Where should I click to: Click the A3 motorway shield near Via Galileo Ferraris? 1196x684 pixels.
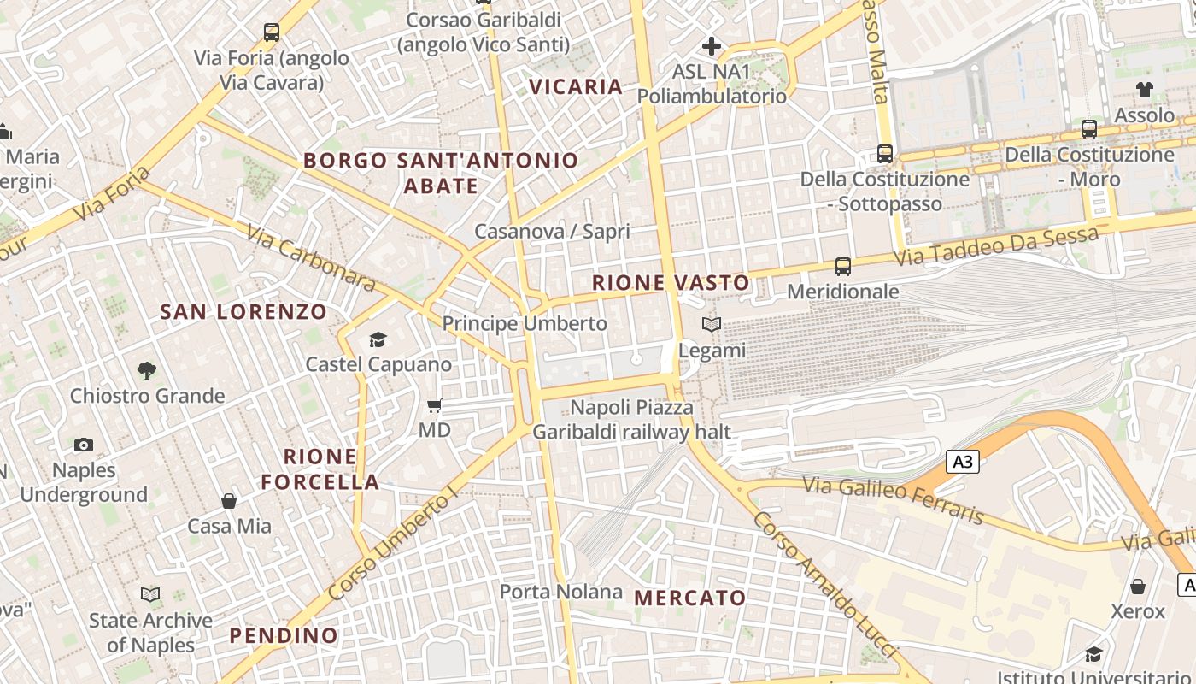point(963,462)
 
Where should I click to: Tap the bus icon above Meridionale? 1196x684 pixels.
point(843,267)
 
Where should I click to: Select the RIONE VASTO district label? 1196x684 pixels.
point(671,282)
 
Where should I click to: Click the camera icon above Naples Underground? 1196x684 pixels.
point(84,445)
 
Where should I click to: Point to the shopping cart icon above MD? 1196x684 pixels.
point(435,405)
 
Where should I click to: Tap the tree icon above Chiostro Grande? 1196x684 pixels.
point(147,371)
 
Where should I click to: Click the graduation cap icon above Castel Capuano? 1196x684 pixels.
point(378,339)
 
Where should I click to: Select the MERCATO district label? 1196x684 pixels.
point(690,598)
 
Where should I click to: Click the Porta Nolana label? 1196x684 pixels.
point(561,592)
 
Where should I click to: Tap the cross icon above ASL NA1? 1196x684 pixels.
point(712,46)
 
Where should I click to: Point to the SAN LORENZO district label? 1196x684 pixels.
point(243,312)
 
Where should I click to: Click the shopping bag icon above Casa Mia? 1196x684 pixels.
point(229,501)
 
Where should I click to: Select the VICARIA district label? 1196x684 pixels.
point(576,86)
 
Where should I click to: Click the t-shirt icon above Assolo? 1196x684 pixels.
point(1145,90)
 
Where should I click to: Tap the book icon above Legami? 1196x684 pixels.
point(712,325)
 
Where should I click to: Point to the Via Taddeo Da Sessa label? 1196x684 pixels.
point(995,245)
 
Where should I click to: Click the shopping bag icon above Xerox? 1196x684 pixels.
point(1138,587)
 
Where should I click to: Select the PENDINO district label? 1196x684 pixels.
point(284,635)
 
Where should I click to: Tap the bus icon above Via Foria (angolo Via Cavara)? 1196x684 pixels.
point(272,32)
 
